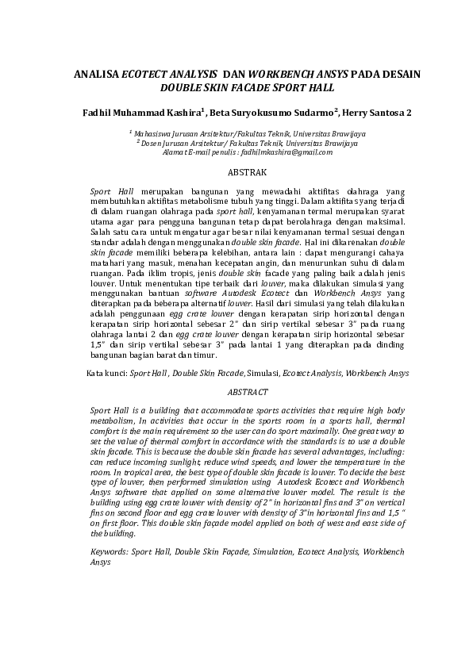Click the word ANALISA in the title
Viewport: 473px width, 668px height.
pyautogui.click(x=95, y=73)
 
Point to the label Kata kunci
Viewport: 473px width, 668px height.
pyautogui.click(x=106, y=371)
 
